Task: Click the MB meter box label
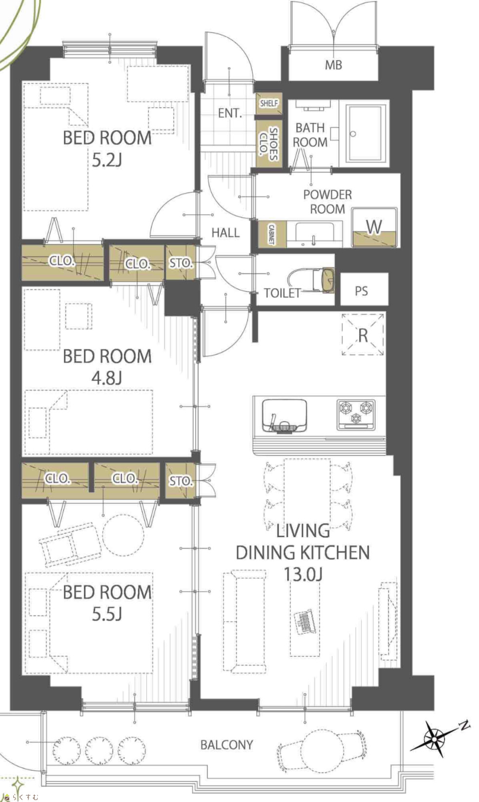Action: pyautogui.click(x=333, y=65)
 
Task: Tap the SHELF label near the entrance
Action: pyautogui.click(x=269, y=103)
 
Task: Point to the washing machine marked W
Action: pyautogui.click(x=374, y=228)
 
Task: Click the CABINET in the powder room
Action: pyautogui.click(x=271, y=234)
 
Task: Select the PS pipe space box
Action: pyautogui.click(x=364, y=289)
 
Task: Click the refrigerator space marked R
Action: pyautogui.click(x=363, y=334)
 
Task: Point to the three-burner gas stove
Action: pyautogui.click(x=356, y=415)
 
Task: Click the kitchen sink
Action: pyautogui.click(x=284, y=416)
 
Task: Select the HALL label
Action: pyautogui.click(x=226, y=233)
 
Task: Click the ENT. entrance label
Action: pyautogui.click(x=230, y=114)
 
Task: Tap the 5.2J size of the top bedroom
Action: pyautogui.click(x=107, y=160)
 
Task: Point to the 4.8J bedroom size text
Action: pyautogui.click(x=107, y=378)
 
